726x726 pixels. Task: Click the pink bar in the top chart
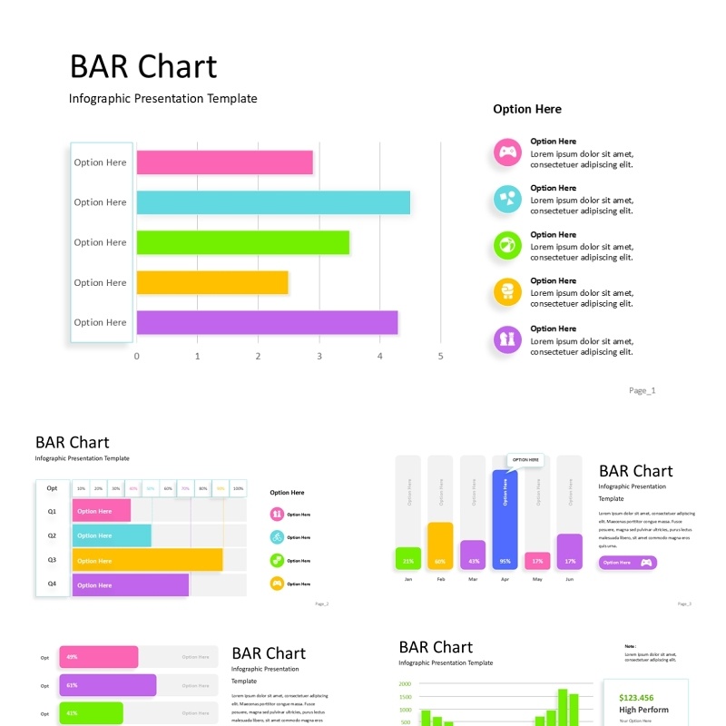click(x=225, y=162)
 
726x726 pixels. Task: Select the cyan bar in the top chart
click(x=273, y=202)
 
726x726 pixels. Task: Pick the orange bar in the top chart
click(x=212, y=282)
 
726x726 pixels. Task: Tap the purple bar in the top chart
click(x=267, y=322)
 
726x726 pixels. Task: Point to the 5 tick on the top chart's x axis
click(x=441, y=357)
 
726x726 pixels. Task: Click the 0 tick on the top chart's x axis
click(x=137, y=357)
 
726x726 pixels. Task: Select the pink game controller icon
click(x=507, y=152)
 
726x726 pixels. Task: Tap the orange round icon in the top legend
click(x=507, y=292)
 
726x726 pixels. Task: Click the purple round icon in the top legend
click(x=507, y=339)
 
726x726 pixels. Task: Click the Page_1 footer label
click(x=642, y=390)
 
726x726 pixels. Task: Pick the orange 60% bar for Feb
click(x=440, y=546)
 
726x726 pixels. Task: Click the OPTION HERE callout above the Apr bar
click(x=525, y=460)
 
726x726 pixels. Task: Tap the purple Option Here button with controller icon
click(x=627, y=563)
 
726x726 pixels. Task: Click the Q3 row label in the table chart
click(x=52, y=560)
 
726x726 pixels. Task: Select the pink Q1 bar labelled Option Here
click(x=101, y=511)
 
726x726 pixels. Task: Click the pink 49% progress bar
click(x=99, y=657)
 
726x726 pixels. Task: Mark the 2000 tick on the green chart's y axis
click(x=405, y=684)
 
